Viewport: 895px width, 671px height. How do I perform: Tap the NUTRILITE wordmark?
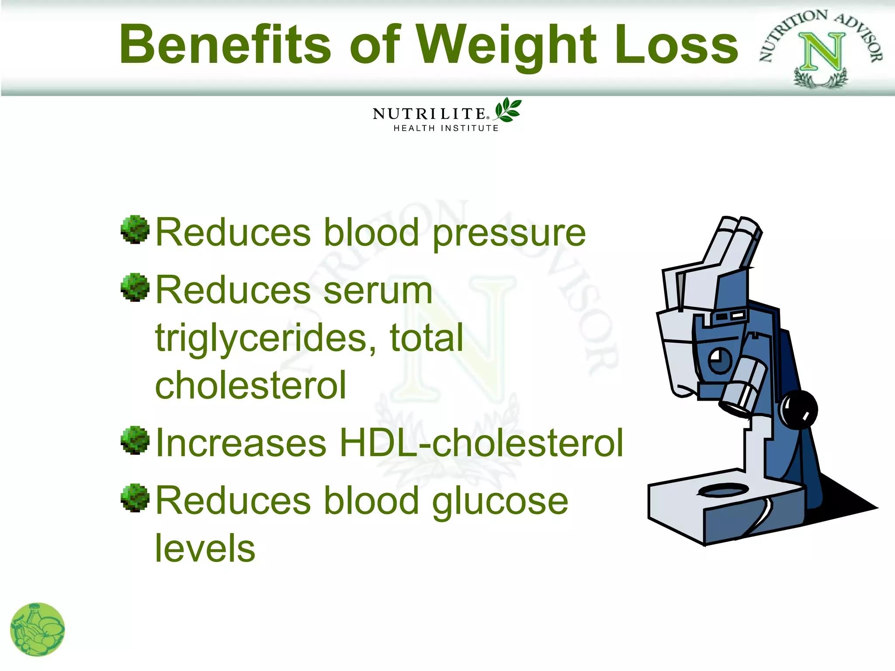(430, 114)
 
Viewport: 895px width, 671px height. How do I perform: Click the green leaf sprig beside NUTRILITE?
(508, 110)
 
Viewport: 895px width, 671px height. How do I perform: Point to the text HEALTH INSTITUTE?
(446, 128)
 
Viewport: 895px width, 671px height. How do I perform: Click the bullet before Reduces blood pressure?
(135, 229)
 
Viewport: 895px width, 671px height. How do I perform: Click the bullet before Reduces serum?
(135, 287)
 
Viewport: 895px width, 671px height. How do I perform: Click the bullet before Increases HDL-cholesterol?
(135, 440)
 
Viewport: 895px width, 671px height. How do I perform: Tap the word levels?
(205, 548)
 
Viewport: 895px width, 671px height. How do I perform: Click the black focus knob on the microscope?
(799, 409)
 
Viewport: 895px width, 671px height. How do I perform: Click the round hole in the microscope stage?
(723, 490)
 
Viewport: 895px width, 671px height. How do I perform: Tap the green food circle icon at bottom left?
(38, 629)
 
